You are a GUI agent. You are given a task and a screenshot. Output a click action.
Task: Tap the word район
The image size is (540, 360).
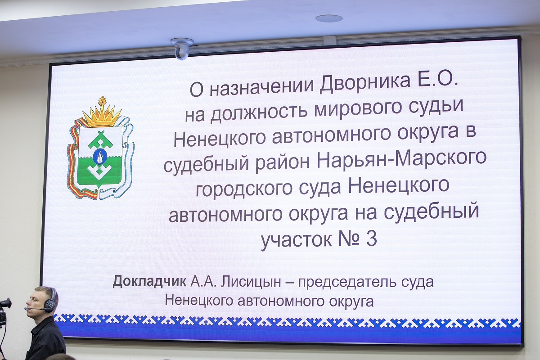click(282, 163)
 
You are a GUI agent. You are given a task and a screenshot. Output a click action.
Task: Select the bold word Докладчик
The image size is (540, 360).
click(149, 281)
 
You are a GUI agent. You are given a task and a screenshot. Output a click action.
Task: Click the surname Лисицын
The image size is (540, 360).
click(251, 282)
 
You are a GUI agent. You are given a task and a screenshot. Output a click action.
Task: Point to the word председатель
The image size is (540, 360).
click(347, 282)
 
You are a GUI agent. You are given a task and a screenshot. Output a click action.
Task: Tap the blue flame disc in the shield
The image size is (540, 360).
click(99, 157)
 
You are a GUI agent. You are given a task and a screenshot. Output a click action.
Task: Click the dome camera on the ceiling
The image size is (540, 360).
click(182, 49)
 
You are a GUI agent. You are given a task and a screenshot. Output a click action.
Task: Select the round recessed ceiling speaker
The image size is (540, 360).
click(329, 18)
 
